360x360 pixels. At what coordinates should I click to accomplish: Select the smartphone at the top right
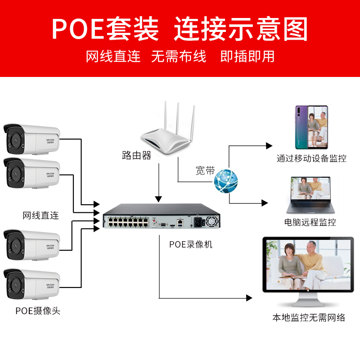[x=311, y=127]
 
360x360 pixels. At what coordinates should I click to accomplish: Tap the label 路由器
[x=136, y=156]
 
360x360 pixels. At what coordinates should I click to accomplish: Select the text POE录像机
[x=191, y=245]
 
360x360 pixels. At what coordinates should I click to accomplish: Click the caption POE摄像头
[x=38, y=311]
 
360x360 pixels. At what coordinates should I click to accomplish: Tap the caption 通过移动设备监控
[x=311, y=158]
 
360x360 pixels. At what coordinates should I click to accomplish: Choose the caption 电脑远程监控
[x=310, y=222]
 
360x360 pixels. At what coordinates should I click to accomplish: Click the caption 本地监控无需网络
[x=309, y=318]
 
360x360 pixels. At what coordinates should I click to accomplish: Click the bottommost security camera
[x=31, y=284]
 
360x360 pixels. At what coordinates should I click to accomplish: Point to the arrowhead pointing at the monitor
[x=248, y=298]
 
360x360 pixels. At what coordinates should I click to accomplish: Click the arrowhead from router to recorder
[x=158, y=198]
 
